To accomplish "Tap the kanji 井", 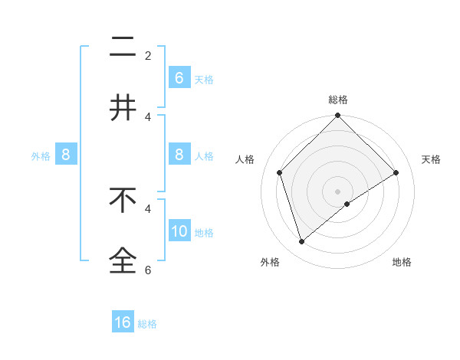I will coord(123,108).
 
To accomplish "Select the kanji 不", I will coord(123,200).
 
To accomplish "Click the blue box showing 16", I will coord(123,322).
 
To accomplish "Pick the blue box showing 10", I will coord(179,231).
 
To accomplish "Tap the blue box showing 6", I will coord(179,77).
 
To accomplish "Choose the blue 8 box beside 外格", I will coord(66,155).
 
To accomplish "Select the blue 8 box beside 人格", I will coord(179,155).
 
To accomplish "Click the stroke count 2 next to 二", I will coord(148,56).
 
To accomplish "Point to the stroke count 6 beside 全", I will coord(148,270).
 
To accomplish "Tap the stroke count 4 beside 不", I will coord(148,208).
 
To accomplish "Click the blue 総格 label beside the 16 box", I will coord(147,324).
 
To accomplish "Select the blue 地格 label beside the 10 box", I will coord(204,233).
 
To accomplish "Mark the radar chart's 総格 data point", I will coord(337,116).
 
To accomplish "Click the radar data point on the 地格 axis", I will coord(347,204).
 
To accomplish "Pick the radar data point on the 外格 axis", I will coord(301,241).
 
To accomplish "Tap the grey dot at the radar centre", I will coord(337,191).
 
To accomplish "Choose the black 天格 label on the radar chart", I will coord(432,159).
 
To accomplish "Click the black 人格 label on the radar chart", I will coord(245,159).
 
